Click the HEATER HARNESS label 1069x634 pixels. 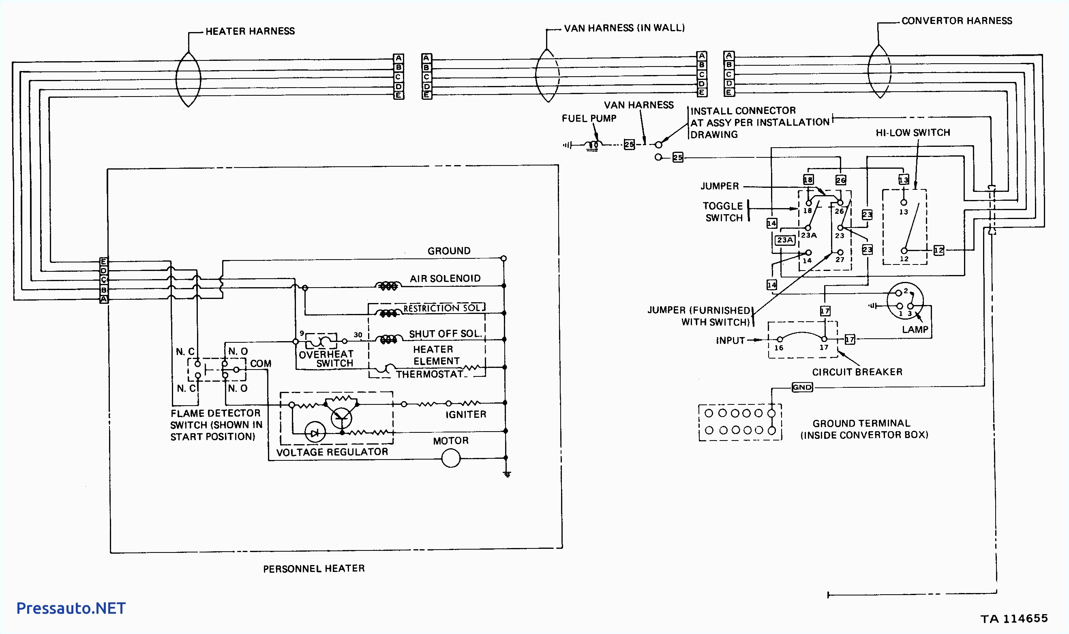point(250,31)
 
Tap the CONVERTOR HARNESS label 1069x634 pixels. point(956,21)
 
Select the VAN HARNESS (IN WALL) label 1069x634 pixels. point(624,28)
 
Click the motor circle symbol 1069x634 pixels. point(451,458)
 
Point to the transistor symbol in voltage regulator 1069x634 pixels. point(341,417)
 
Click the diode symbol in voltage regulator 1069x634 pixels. point(315,433)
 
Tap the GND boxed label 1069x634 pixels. point(802,387)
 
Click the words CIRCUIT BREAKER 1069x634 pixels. point(857,372)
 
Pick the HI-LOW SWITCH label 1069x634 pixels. point(913,133)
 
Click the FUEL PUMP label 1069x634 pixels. point(589,118)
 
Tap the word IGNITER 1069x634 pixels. point(466,415)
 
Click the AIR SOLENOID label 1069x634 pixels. point(445,279)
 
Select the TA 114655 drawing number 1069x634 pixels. point(1014,619)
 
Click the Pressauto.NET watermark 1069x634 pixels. point(71,608)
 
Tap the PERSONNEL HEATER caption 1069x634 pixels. point(314,569)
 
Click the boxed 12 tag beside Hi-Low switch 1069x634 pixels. point(939,250)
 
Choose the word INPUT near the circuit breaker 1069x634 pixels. point(730,340)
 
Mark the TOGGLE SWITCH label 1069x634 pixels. point(724,212)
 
